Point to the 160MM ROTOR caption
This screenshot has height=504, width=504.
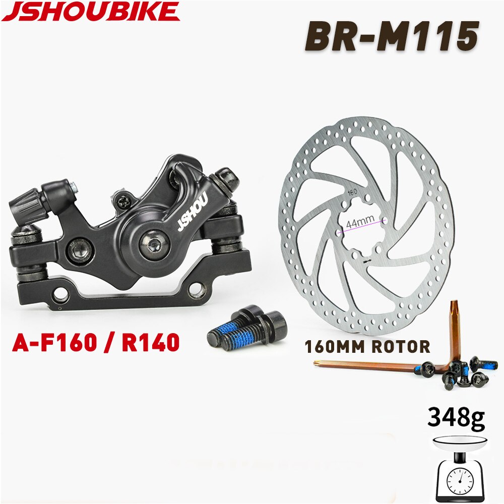coord(367,346)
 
